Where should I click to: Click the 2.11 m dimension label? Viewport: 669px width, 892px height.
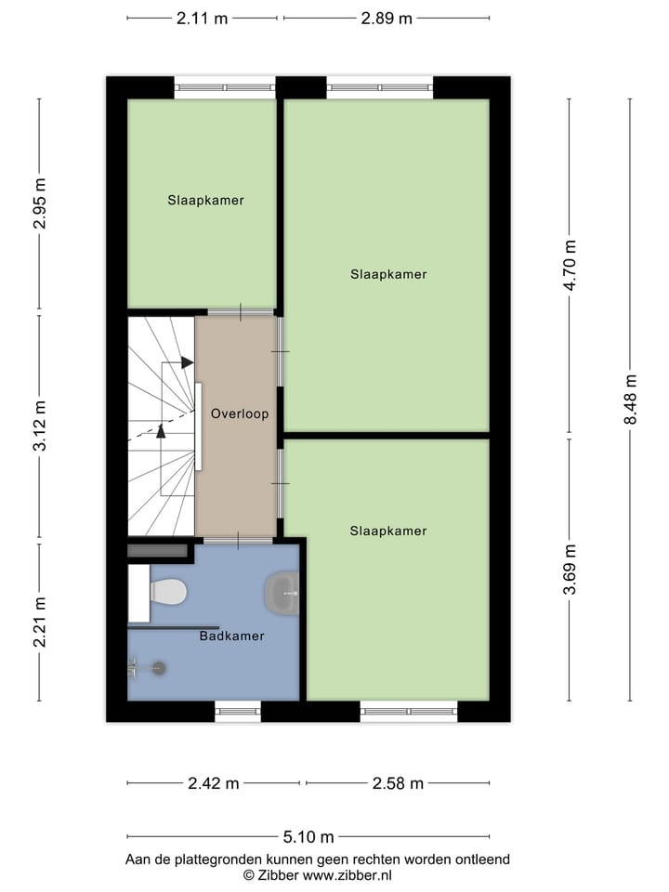point(202,19)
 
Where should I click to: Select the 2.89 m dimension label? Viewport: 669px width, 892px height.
point(387,19)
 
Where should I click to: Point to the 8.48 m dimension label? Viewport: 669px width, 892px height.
point(631,399)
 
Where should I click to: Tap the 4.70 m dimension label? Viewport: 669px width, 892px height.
point(571,266)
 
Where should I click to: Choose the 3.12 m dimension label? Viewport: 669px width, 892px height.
point(39,426)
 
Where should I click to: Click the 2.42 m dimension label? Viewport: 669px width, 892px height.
point(214,783)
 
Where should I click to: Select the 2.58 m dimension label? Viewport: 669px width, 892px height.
point(398,783)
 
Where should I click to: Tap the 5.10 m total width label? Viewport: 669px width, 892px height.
point(308,837)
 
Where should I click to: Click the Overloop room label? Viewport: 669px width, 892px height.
point(240,413)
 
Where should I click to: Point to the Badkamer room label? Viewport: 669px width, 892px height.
point(231,636)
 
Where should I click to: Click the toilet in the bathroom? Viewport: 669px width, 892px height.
point(168,590)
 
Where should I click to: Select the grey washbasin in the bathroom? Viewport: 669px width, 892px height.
point(282,592)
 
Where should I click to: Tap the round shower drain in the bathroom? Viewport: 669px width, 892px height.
point(159,667)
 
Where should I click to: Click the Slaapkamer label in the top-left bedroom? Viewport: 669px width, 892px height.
point(206,200)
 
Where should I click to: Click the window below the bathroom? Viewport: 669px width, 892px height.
point(238,712)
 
